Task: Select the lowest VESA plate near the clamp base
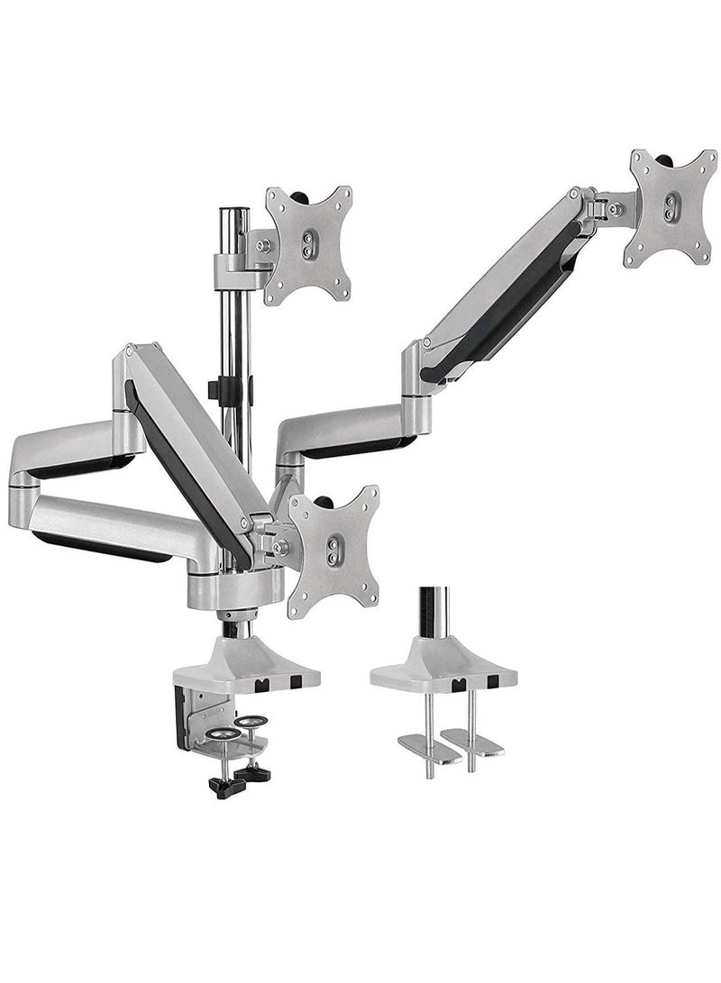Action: coord(333,551)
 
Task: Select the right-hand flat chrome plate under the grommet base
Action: coord(476,743)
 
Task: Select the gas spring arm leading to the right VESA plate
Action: coord(505,288)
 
